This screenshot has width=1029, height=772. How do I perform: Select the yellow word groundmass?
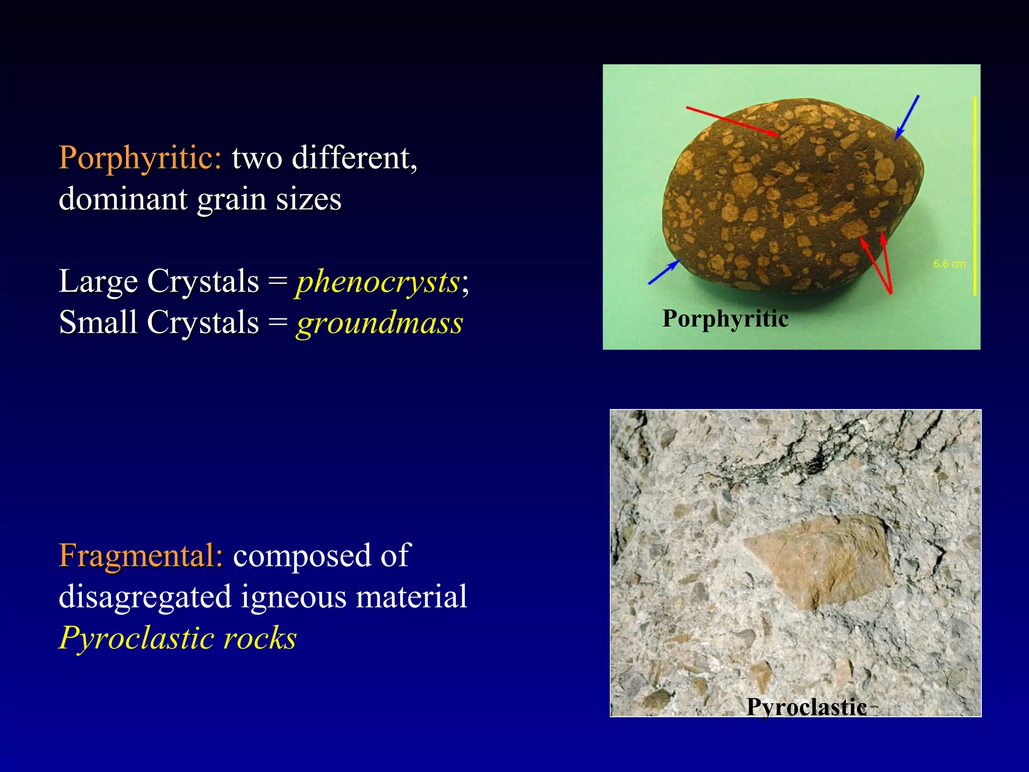[x=379, y=323]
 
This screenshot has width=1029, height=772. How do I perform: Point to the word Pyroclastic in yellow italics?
[x=136, y=638]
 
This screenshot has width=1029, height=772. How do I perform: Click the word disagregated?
[x=145, y=597]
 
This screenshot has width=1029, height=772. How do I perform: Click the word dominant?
[x=123, y=199]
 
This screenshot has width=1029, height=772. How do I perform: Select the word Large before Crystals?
[x=98, y=281]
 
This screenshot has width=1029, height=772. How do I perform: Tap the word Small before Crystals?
[x=98, y=323]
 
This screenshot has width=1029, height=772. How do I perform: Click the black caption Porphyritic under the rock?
[x=725, y=319]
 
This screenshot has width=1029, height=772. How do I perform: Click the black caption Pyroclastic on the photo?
[x=806, y=707]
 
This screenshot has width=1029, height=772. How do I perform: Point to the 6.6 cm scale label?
[x=949, y=264]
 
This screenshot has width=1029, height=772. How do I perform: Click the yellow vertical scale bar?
[x=975, y=196]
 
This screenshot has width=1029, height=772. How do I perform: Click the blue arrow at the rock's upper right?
[x=907, y=117]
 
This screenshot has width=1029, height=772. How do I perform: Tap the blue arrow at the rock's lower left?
[x=664, y=272]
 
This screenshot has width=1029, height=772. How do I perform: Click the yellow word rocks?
[x=260, y=638]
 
